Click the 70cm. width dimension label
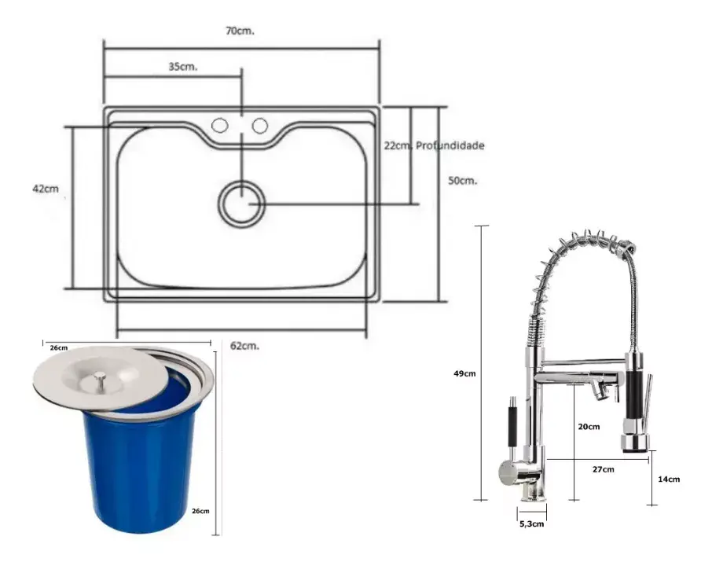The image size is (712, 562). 240,31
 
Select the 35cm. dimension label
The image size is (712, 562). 182,67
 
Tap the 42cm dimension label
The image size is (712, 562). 46,189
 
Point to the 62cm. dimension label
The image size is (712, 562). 245,345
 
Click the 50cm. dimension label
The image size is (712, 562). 463,180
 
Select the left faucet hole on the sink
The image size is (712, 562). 220,126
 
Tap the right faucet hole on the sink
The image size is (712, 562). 259,126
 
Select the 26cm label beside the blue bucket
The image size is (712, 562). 201,510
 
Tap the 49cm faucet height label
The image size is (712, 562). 464,373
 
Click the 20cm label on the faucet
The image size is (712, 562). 589,427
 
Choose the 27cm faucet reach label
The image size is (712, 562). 603,468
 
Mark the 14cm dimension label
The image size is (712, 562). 669,479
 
